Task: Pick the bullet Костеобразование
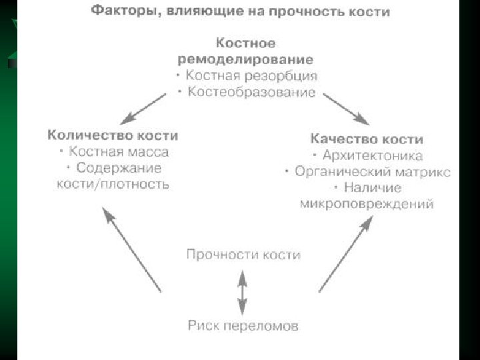click(x=250, y=92)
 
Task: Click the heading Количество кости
click(x=113, y=135)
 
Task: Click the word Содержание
click(x=119, y=167)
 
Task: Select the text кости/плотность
click(x=113, y=183)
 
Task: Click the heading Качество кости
click(x=367, y=139)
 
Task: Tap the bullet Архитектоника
click(x=372, y=155)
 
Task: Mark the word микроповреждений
click(x=367, y=203)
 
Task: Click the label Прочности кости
click(x=243, y=255)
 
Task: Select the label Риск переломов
click(x=243, y=327)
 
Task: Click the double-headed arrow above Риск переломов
click(x=243, y=291)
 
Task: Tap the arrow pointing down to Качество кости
click(x=346, y=109)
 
